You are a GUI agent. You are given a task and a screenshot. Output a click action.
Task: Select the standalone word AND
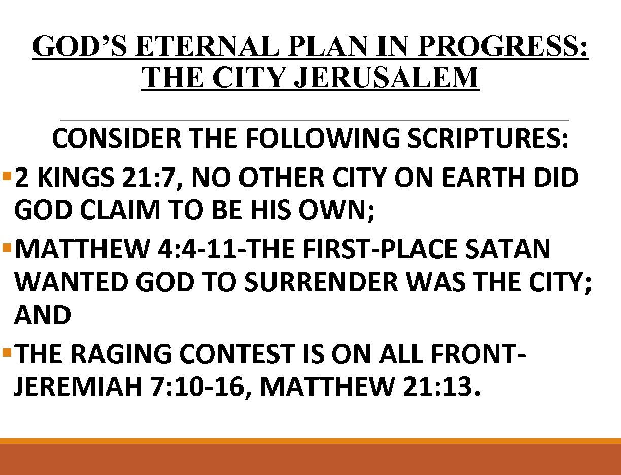(43, 316)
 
